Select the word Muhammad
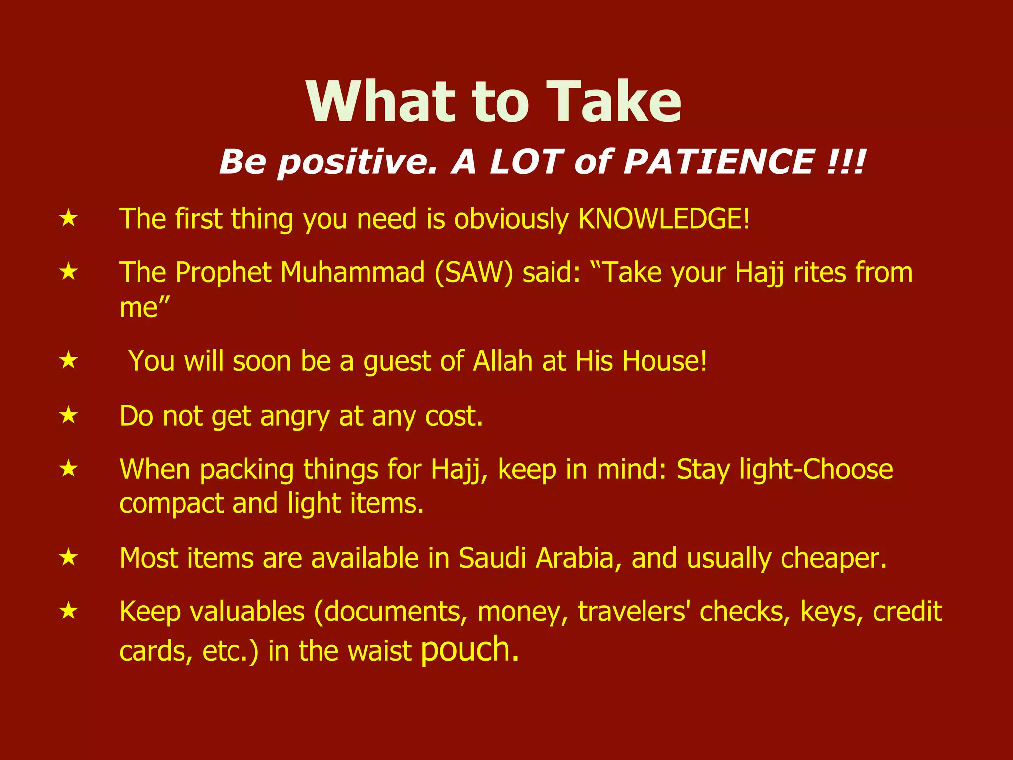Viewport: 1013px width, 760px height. tap(353, 273)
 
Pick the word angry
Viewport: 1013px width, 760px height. tap(294, 417)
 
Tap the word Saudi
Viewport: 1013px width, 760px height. tap(492, 558)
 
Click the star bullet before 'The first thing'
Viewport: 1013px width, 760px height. tap(69, 218)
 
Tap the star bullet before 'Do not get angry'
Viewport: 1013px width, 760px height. tap(69, 415)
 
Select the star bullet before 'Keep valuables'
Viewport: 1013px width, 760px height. tap(69, 611)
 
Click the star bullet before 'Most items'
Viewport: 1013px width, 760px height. tap(69, 558)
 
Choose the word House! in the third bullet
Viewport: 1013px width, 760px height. tap(664, 361)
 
